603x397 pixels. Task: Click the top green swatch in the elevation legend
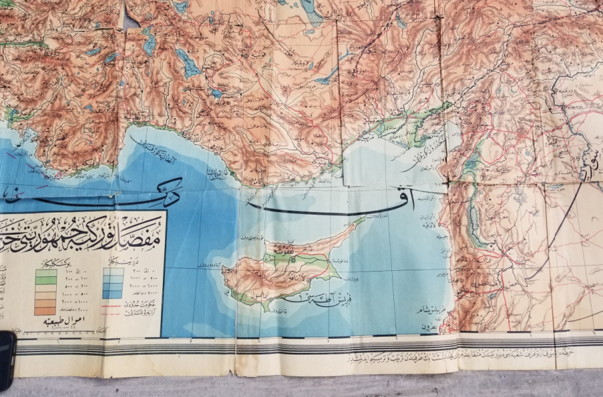pos(46,272)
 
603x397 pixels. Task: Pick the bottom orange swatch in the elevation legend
pos(46,310)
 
